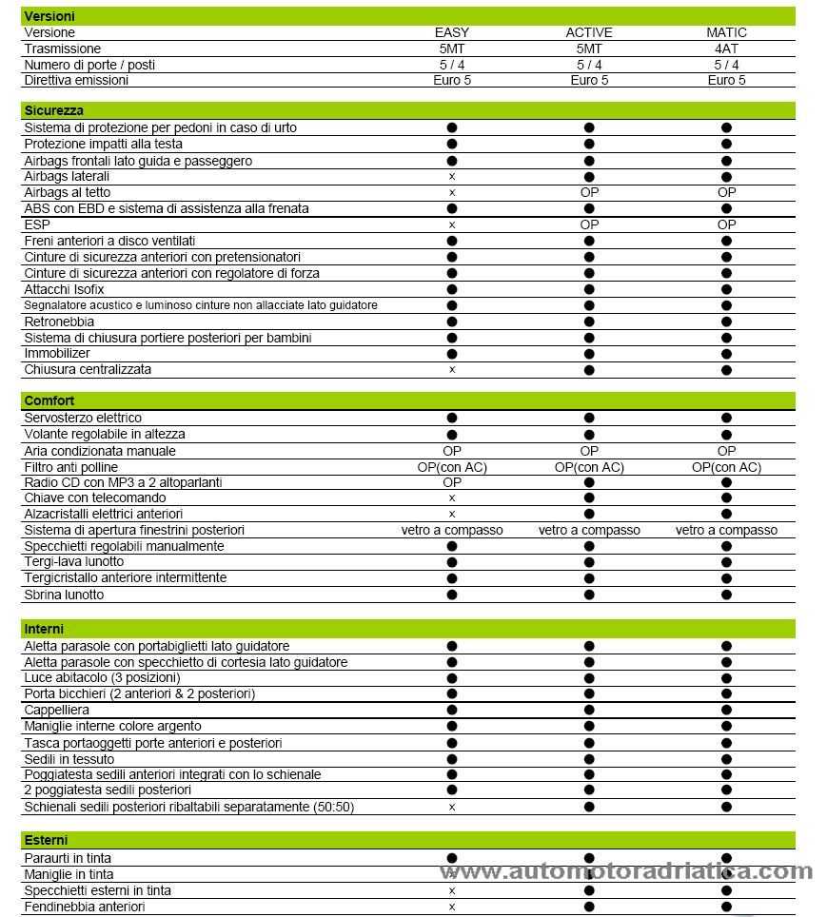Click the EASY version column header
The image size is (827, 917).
(452, 32)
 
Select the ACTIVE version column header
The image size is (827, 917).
(589, 32)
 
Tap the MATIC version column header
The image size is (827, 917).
(726, 32)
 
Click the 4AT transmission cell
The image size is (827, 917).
(726, 49)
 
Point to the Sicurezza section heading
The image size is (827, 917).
(54, 110)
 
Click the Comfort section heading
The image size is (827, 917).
(49, 400)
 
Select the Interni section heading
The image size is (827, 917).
(45, 629)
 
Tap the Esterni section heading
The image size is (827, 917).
(47, 840)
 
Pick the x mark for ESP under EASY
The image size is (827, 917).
(452, 225)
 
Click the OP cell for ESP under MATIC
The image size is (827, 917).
(726, 224)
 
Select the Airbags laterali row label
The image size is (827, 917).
(67, 176)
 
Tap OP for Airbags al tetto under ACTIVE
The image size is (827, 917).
(589, 192)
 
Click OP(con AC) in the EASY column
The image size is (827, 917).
(452, 467)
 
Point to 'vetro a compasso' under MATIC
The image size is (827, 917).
(726, 530)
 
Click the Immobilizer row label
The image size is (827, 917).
(57, 353)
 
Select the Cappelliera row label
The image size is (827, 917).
(57, 710)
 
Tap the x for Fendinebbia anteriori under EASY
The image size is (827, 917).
(452, 907)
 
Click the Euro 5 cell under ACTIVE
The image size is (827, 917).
(589, 80)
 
